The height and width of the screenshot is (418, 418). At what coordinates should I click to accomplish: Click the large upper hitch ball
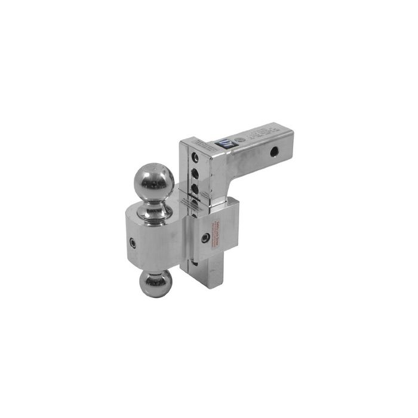153,180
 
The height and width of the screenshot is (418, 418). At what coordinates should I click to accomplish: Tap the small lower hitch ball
155,284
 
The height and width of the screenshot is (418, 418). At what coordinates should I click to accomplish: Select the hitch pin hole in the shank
273,152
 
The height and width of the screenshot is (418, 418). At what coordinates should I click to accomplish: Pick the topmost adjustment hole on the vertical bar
195,158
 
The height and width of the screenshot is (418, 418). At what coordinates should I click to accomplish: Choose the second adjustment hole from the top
195,174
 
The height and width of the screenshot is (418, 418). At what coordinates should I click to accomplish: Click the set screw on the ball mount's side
133,244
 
